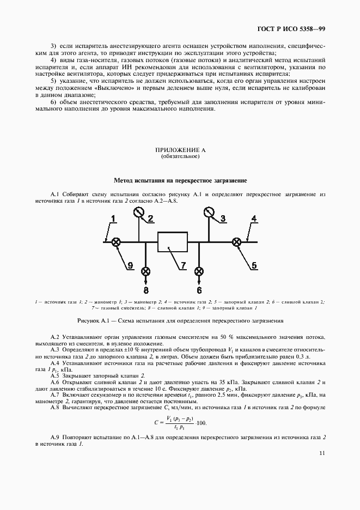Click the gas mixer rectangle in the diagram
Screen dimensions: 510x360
173,241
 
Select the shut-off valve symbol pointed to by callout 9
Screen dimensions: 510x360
116,242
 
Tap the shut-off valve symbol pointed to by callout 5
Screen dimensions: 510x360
236,242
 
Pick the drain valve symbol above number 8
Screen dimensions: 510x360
146,271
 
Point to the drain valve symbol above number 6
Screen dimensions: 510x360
199,271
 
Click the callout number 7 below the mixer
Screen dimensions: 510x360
183,266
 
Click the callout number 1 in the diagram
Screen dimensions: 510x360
113,218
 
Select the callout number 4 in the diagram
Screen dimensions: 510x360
253,219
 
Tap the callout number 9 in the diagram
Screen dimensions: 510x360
130,265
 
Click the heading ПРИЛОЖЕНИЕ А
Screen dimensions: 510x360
180,149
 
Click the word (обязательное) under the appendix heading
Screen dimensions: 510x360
180,156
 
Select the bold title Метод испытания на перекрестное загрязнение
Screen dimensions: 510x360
180,180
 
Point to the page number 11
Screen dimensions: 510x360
323,453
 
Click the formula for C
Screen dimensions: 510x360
180,423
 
